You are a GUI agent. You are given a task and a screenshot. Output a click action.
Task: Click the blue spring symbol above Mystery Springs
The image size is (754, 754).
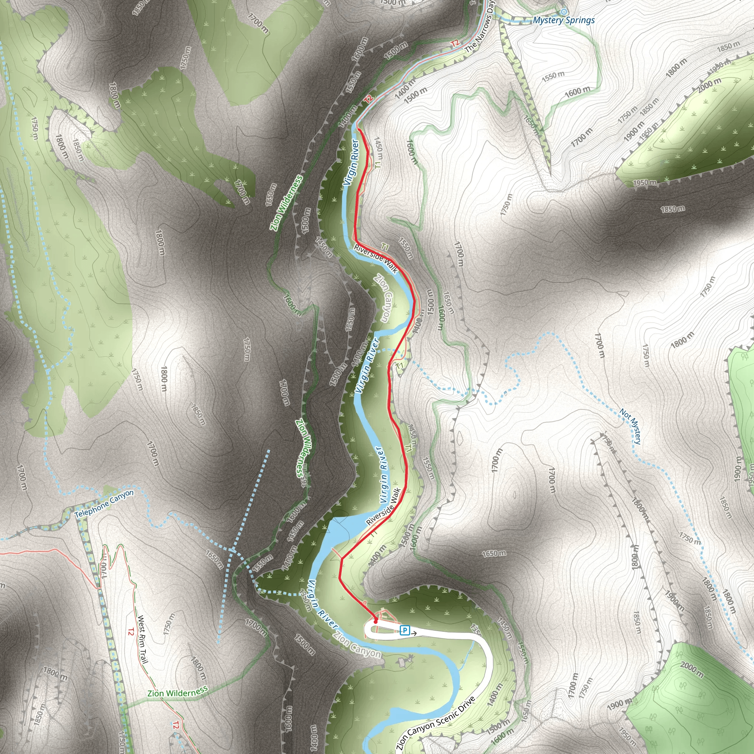[564, 12]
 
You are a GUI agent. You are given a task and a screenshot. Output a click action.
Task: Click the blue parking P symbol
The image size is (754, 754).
[405, 630]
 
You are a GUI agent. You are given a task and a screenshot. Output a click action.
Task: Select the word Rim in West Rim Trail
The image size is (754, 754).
[141, 639]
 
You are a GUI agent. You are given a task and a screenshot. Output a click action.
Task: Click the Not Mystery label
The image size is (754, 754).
[630, 426]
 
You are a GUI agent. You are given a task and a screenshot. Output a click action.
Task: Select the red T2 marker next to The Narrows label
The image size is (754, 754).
[455, 43]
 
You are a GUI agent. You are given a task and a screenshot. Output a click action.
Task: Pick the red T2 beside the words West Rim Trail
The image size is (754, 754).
[131, 631]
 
